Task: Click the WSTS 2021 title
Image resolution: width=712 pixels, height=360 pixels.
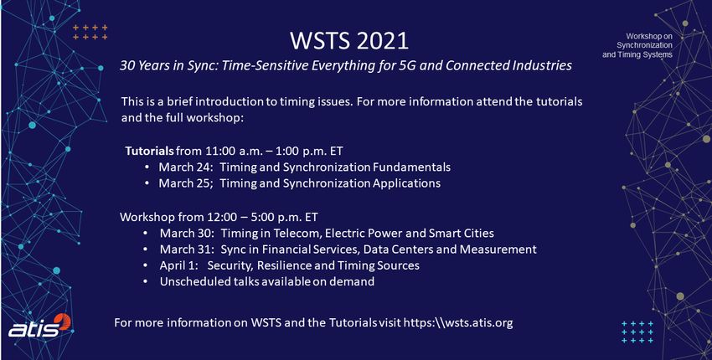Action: pyautogui.click(x=349, y=41)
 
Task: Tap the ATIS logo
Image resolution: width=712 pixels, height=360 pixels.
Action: pyautogui.click(x=40, y=326)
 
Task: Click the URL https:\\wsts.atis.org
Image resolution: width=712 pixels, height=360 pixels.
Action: pyautogui.click(x=458, y=323)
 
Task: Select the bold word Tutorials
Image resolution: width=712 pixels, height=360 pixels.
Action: pyautogui.click(x=149, y=151)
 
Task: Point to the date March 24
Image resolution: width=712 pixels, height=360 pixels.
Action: pyautogui.click(x=185, y=167)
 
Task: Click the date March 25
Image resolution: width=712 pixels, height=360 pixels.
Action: pyautogui.click(x=185, y=183)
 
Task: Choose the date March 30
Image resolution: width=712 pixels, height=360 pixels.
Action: pyautogui.click(x=187, y=234)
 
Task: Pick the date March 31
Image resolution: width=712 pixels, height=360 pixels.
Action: pyautogui.click(x=187, y=249)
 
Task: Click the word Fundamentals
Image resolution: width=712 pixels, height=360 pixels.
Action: pyautogui.click(x=411, y=167)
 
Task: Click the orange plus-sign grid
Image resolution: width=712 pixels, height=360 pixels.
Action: pyautogui.click(x=90, y=32)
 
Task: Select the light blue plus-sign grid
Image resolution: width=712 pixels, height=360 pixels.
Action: pyautogui.click(x=637, y=332)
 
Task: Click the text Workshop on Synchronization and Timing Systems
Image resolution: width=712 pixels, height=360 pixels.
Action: pyautogui.click(x=637, y=45)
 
